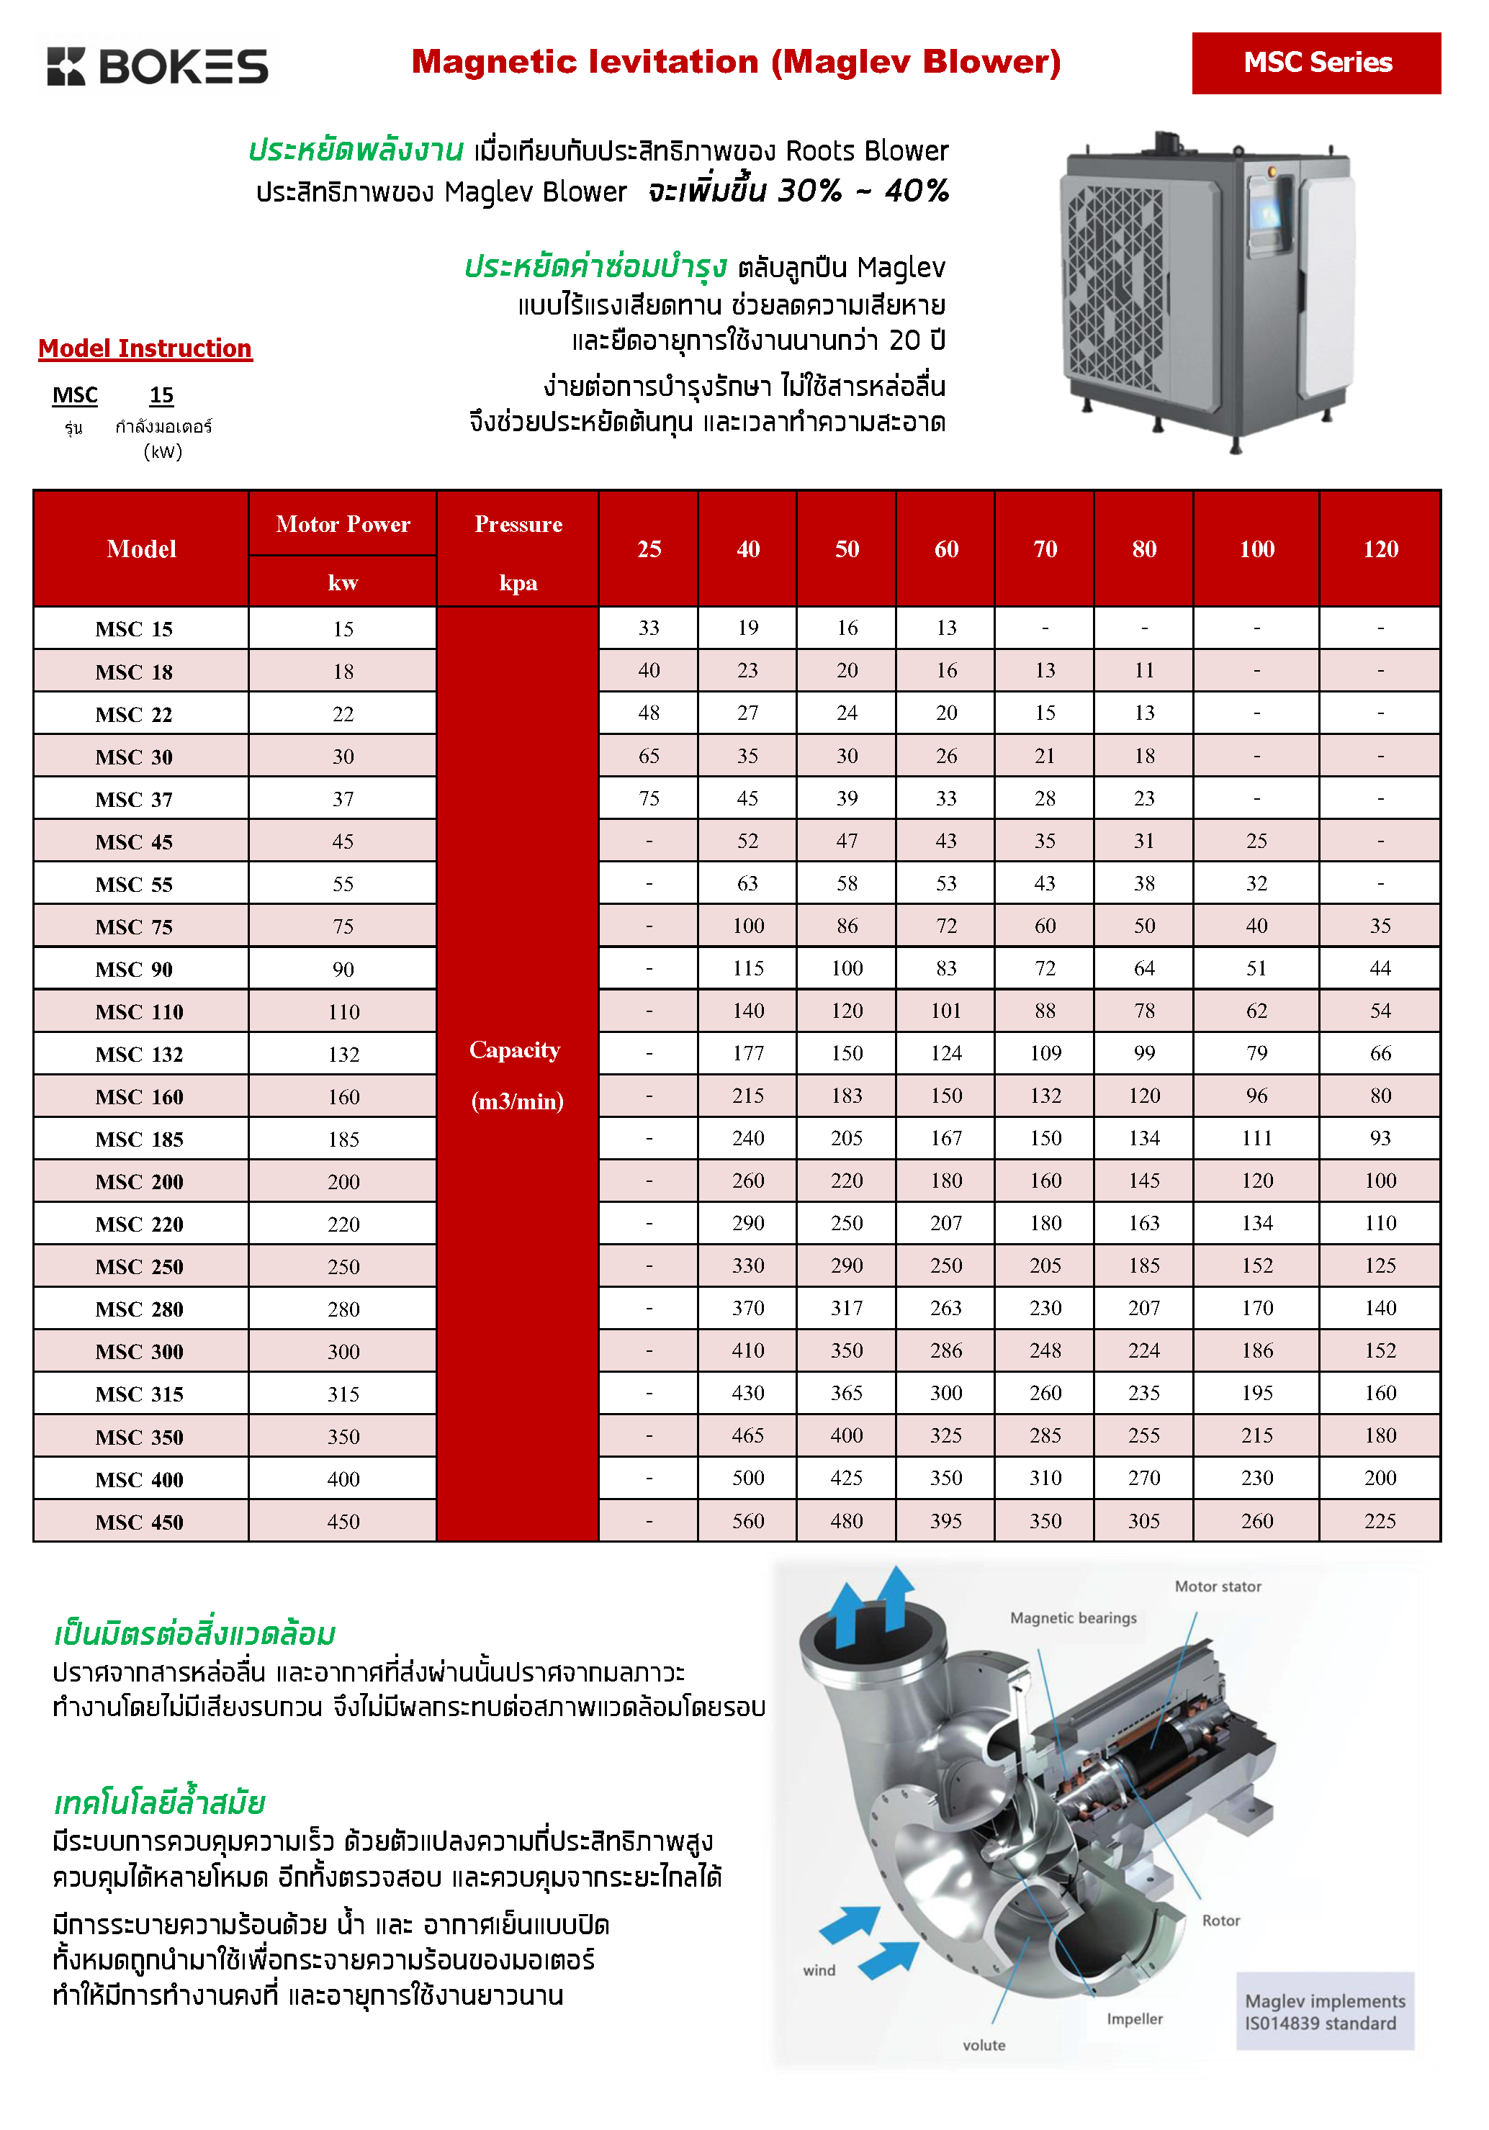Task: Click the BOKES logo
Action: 158,67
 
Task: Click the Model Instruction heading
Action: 145,349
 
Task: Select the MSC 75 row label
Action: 135,926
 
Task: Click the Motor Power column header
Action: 342,525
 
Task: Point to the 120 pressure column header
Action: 1380,549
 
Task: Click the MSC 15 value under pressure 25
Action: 649,628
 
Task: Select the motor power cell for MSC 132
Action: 343,1054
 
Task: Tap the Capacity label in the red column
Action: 515,1050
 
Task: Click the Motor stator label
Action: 1217,1587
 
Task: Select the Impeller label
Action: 1134,2018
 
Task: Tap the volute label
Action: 984,2044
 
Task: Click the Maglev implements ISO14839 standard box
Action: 1324,2011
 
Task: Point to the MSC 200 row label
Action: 139,1182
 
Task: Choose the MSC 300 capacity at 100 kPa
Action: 1256,1350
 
